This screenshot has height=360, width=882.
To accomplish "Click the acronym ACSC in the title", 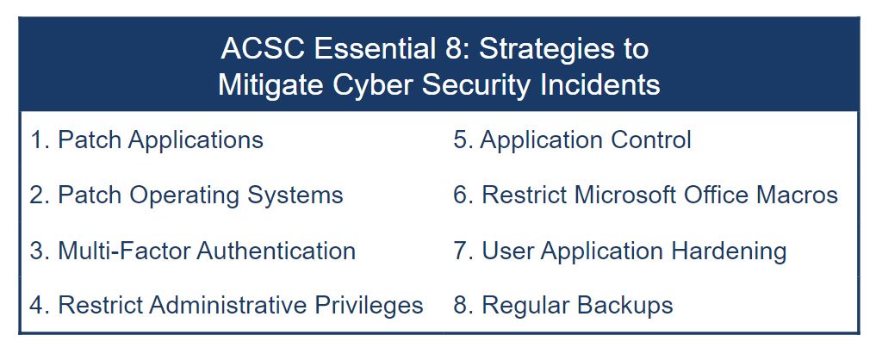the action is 263,48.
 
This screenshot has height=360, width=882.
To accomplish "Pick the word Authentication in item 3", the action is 276,251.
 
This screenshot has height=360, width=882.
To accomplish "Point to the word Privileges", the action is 369,306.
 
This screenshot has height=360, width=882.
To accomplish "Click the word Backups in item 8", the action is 625,306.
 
